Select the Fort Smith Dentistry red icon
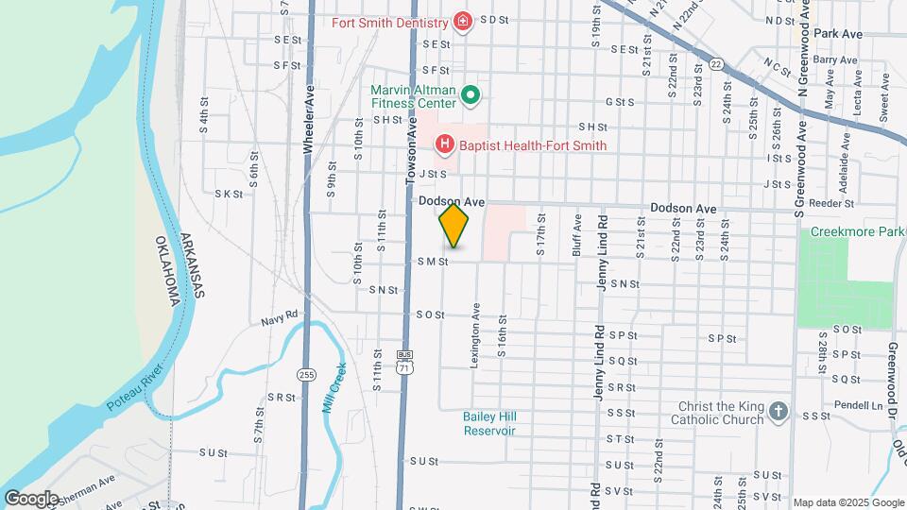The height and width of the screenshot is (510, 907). tap(462, 21)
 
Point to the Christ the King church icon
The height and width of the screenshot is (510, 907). tap(778, 412)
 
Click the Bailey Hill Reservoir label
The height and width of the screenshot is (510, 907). tap(489, 423)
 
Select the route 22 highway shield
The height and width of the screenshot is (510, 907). tap(717, 64)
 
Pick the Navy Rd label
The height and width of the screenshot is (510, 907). tap(280, 319)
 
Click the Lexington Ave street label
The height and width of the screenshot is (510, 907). tap(475, 334)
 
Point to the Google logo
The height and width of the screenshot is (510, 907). tap(31, 498)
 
